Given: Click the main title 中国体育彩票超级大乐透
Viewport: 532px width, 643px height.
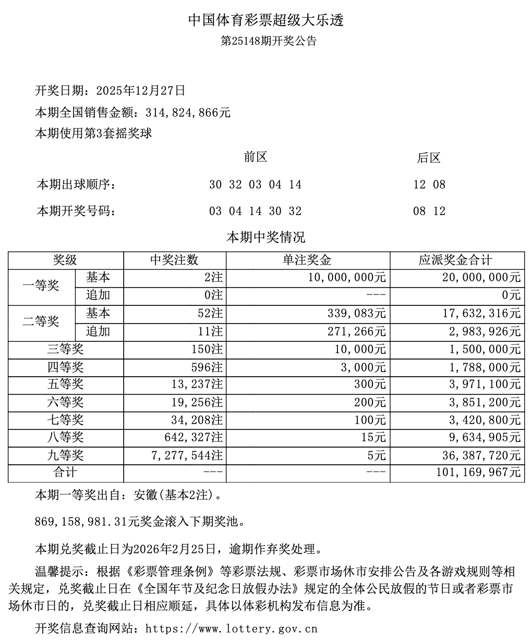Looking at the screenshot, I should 265,20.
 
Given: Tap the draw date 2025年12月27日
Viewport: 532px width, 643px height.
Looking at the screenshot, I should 141,91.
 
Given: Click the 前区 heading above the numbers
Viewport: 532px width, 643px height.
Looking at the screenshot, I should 256,157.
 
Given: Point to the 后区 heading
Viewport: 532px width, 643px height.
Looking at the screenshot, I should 429,158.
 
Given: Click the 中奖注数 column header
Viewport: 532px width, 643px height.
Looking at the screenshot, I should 174,260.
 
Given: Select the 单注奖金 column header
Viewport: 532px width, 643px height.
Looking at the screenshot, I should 307,260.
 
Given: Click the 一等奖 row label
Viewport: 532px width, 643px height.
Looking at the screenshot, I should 41,286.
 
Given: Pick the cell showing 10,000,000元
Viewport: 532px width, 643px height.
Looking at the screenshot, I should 347,277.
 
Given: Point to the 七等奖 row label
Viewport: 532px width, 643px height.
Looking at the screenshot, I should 65,420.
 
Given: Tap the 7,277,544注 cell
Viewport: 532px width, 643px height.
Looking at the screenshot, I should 188,455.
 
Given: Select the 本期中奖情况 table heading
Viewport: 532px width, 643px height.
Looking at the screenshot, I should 265,238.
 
